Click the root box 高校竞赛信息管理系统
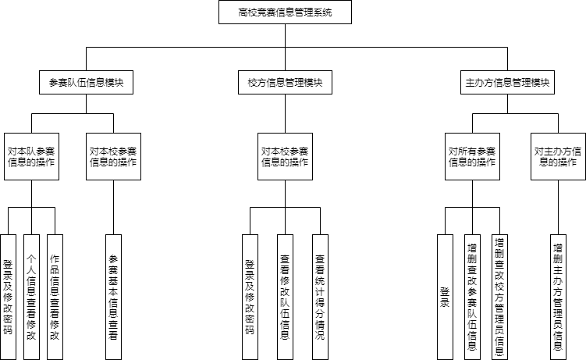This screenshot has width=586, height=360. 285,12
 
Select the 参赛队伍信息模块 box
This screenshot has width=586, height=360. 87,82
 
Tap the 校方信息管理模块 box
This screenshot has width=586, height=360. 285,82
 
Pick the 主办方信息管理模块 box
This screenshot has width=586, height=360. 507,82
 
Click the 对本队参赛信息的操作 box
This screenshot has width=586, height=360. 31,157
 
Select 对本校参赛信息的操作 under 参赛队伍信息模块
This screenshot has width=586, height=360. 114,157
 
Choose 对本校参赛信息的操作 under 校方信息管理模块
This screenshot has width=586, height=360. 285,157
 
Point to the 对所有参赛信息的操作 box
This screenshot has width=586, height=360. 472,157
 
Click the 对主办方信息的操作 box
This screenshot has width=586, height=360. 559,157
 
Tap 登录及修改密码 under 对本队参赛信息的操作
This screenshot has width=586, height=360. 9,298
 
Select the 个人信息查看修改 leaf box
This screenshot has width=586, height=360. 31,298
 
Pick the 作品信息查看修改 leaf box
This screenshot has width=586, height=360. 55,298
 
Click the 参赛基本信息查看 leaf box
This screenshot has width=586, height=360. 114,298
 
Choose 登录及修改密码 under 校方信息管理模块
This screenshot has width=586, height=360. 250,298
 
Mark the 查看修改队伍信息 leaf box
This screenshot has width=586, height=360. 285,298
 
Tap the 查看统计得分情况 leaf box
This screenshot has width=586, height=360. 320,298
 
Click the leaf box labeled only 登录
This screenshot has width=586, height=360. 445,298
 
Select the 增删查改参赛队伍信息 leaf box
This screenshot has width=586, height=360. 472,298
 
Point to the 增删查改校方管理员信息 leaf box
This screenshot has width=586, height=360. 499,298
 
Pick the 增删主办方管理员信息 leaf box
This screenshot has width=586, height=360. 559,298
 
